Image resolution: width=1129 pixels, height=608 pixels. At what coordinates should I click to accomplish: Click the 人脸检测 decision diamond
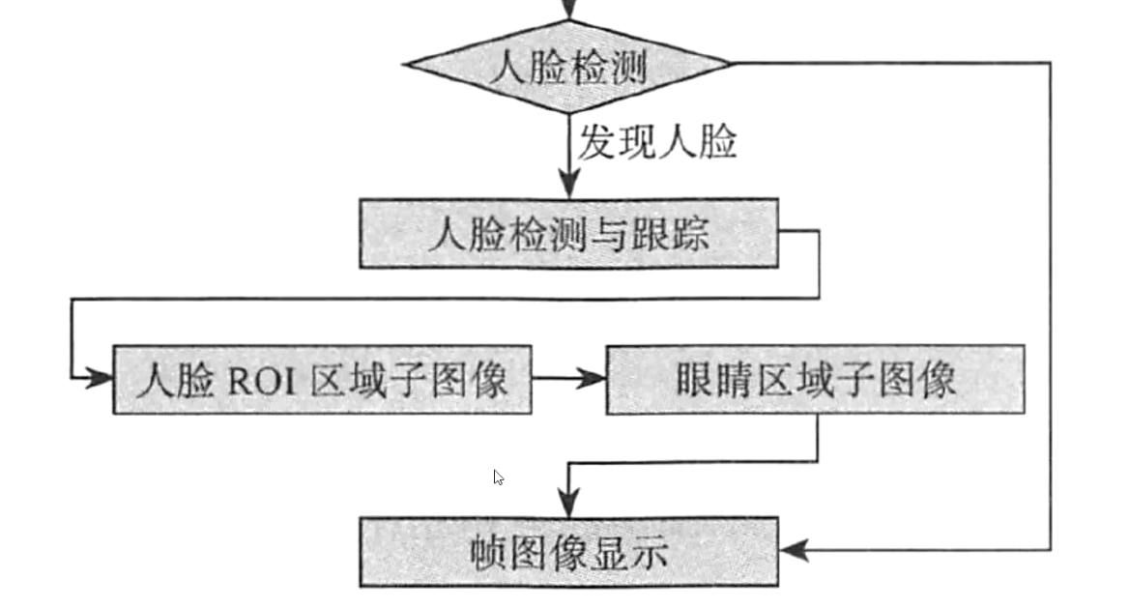pos(567,66)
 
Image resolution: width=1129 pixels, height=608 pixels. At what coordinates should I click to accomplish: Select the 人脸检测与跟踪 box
pos(568,233)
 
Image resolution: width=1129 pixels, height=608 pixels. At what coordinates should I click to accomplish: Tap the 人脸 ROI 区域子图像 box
pos(322,379)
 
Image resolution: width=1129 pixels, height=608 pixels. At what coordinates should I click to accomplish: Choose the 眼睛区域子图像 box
pos(815,379)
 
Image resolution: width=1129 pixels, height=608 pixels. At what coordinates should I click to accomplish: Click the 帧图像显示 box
pos(568,551)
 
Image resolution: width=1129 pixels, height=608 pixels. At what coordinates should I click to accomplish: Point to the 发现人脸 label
pos(657,143)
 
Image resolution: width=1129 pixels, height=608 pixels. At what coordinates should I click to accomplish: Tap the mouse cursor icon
pos(498,477)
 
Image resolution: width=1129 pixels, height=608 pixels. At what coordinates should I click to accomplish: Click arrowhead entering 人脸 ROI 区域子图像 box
pos(99,378)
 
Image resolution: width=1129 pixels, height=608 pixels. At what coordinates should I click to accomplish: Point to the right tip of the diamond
pos(730,64)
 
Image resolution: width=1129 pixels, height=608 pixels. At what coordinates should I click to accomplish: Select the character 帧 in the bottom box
pos(490,553)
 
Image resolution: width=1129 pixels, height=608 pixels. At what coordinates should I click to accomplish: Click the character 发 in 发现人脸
pos(596,143)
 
